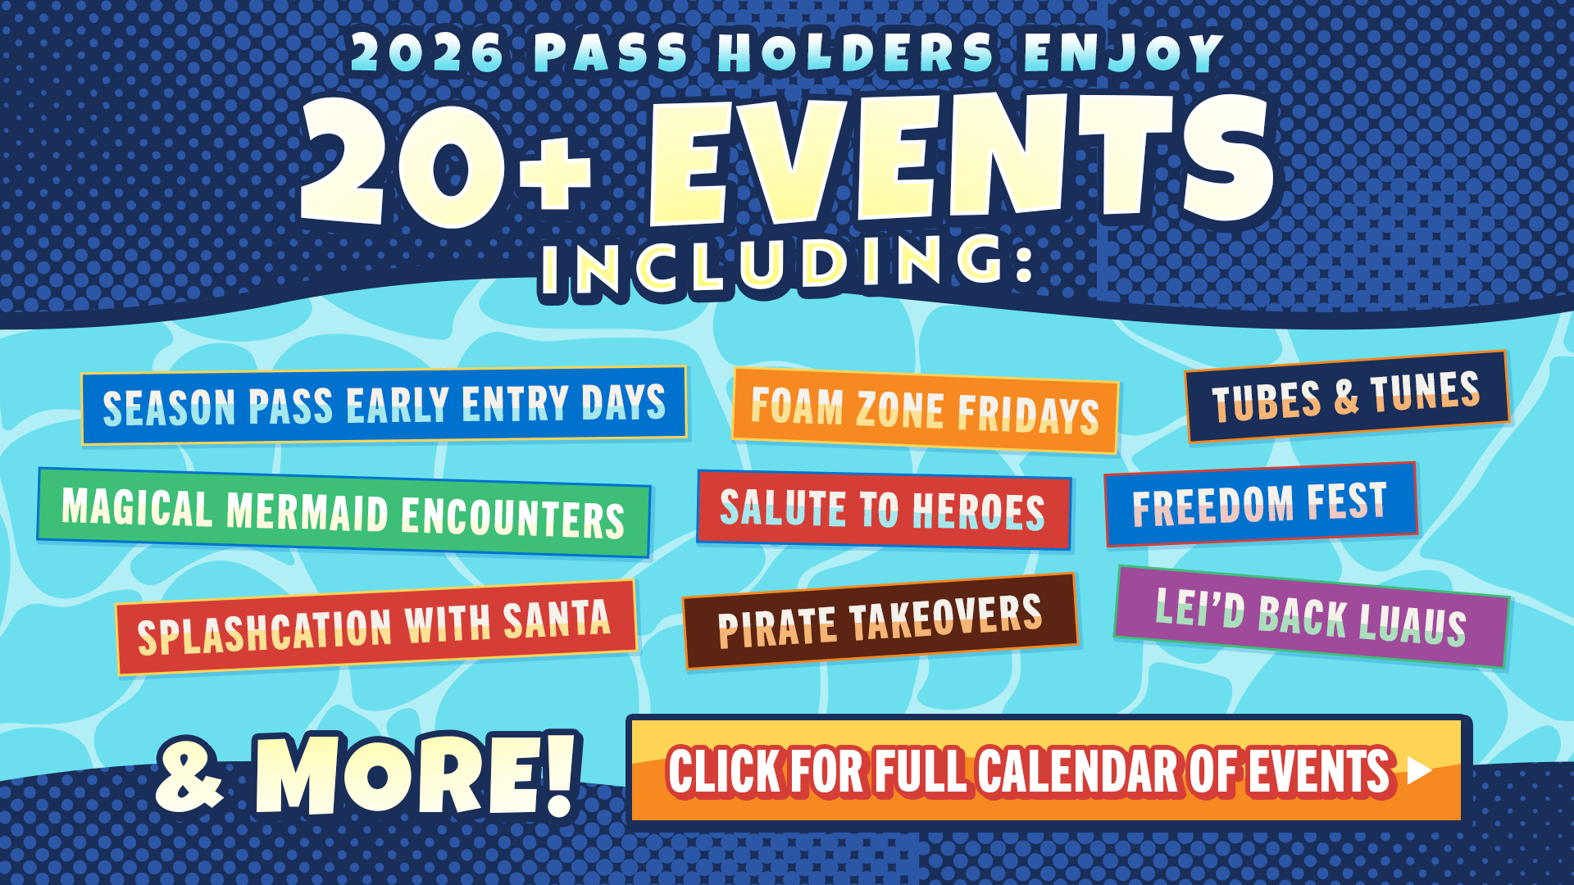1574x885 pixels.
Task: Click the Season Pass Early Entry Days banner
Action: click(x=384, y=405)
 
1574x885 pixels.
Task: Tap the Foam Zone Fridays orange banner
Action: click(x=925, y=410)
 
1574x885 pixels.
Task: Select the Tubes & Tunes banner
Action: click(x=1346, y=397)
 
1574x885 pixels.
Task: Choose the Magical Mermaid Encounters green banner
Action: click(x=343, y=512)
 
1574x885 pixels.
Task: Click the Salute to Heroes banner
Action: click(x=884, y=510)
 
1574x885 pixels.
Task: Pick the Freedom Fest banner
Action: click(x=1261, y=504)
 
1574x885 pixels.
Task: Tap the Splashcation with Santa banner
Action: click(x=375, y=628)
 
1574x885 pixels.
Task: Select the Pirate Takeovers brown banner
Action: click(x=880, y=621)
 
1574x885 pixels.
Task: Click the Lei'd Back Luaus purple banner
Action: click(x=1311, y=616)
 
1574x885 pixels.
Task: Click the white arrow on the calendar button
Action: click(x=1418, y=770)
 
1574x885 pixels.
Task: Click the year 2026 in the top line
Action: click(x=428, y=52)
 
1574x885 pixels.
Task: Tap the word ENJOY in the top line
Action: click(x=1124, y=52)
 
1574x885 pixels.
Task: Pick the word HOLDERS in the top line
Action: click(x=856, y=52)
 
